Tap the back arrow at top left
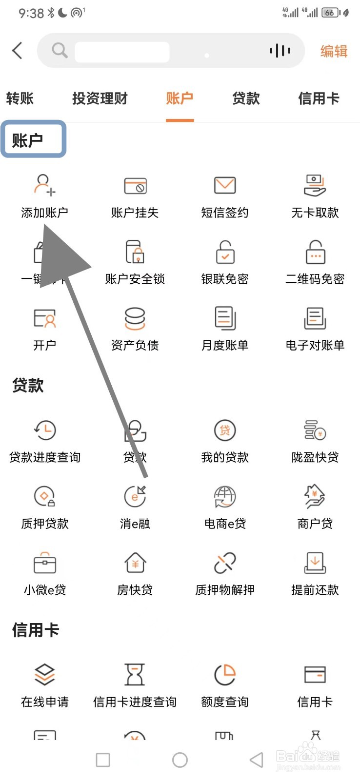point(18,50)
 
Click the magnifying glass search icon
point(60,50)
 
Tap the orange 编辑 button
point(334,51)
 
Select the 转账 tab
point(20,98)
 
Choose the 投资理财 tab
point(100,98)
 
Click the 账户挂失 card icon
point(135,186)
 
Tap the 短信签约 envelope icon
point(225,186)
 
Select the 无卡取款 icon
point(315,186)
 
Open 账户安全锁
point(135,252)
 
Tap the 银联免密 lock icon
point(225,252)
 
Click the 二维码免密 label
point(315,279)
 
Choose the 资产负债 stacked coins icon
point(135,318)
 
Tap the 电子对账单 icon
point(315,318)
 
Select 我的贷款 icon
point(225,430)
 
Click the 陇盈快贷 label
point(315,457)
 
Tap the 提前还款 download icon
point(315,563)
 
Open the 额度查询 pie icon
point(225,675)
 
